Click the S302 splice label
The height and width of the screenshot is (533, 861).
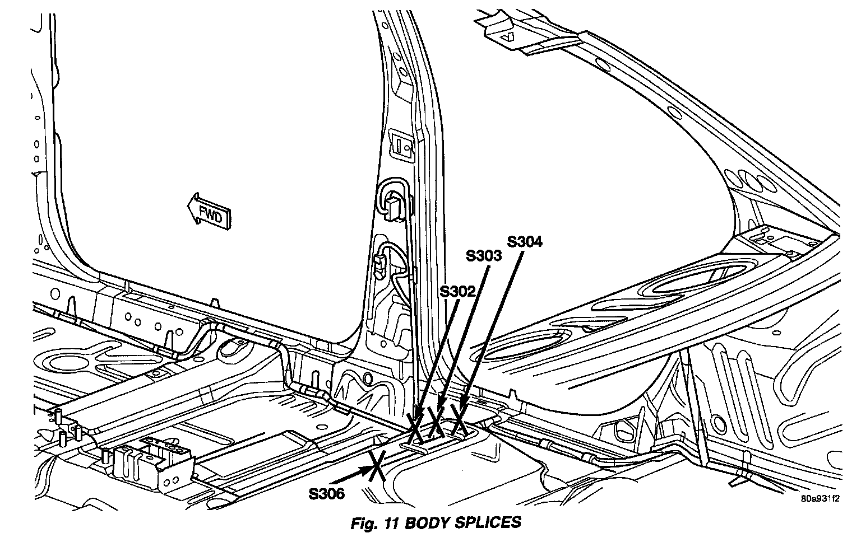(458, 291)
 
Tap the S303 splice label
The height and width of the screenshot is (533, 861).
(484, 256)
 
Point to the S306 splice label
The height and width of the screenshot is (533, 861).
(326, 493)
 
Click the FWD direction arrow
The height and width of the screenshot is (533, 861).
(209, 211)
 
